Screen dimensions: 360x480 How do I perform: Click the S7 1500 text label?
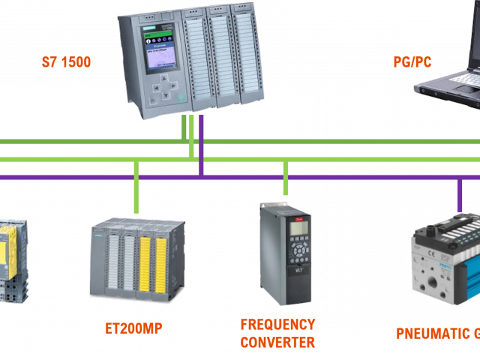[66, 62]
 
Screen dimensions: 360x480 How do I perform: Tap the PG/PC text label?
[412, 62]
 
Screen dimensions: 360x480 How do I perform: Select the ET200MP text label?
[134, 328]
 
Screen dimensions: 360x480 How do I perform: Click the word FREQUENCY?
[277, 325]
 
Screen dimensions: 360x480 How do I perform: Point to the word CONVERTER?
[277, 343]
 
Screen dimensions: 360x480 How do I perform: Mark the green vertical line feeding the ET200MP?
[136, 187]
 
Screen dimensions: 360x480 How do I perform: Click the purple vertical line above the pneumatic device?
[460, 195]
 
